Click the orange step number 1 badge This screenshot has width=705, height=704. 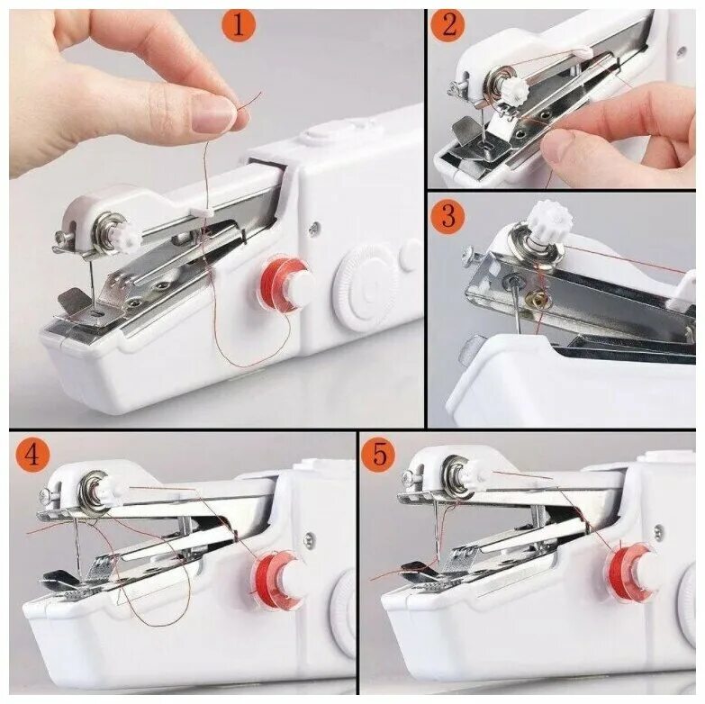click(239, 24)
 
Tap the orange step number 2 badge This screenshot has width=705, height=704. click(449, 25)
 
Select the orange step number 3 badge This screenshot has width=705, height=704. click(448, 216)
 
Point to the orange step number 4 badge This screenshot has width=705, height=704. click(32, 455)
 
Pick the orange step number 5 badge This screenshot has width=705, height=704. click(379, 455)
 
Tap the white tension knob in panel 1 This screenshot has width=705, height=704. click(131, 234)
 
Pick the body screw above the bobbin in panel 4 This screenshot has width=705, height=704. click(310, 538)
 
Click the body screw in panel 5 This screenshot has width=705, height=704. click(659, 531)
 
